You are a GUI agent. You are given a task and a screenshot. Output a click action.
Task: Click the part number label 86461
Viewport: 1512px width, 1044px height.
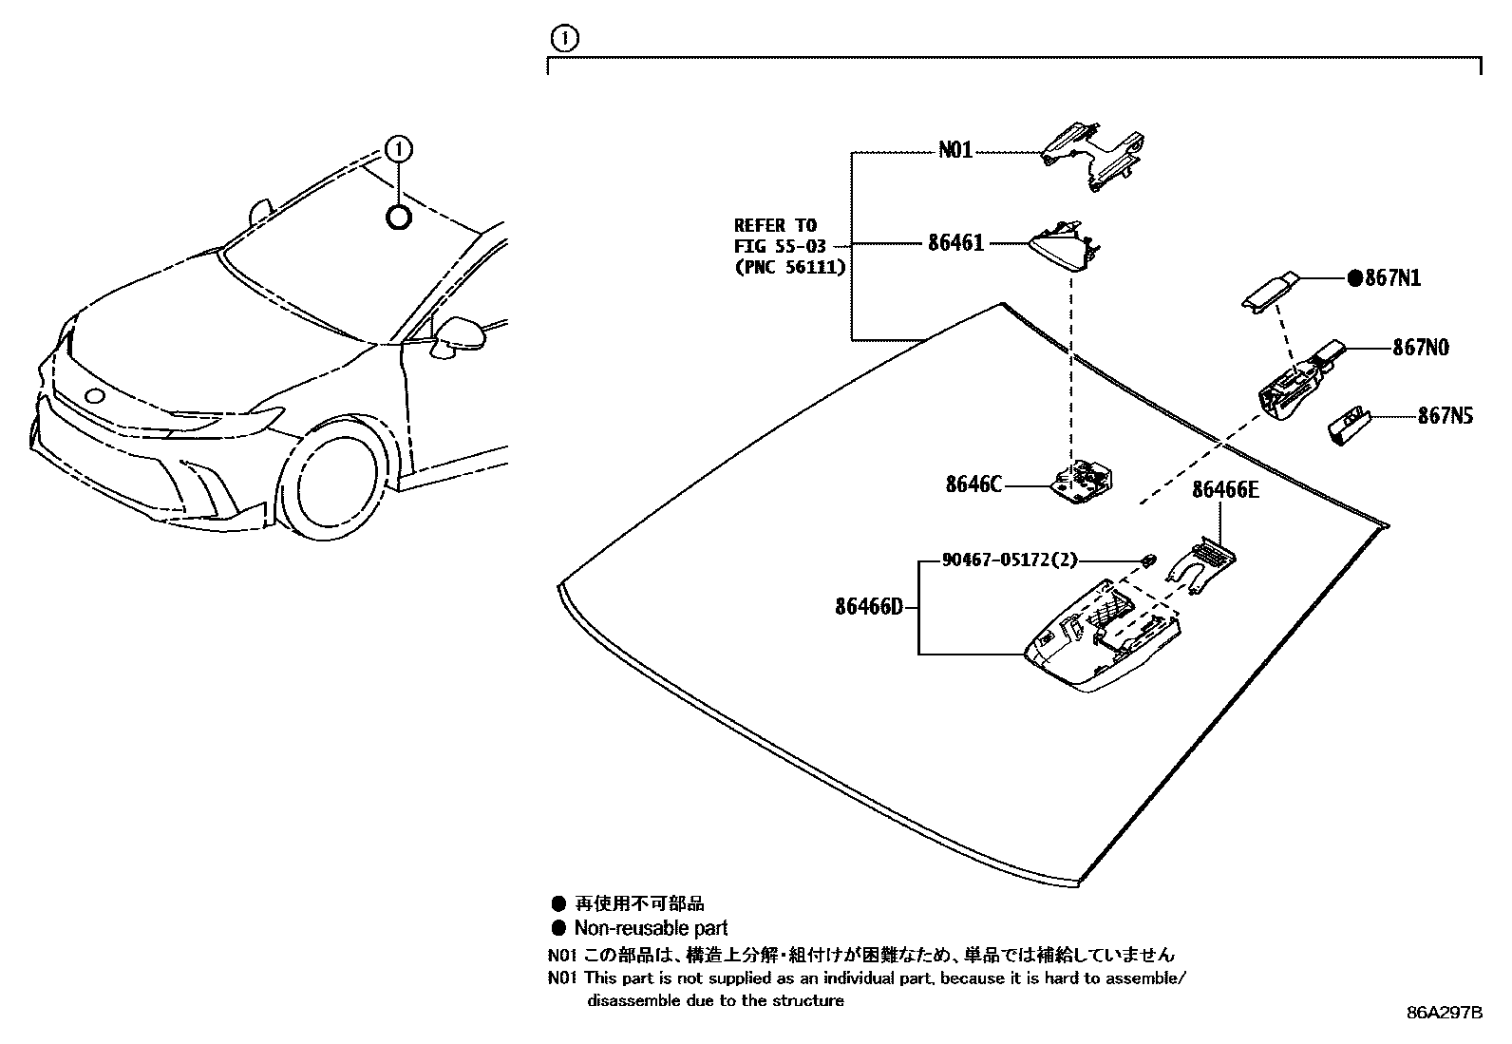(955, 243)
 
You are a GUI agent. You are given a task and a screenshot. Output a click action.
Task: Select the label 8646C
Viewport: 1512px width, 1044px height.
(973, 484)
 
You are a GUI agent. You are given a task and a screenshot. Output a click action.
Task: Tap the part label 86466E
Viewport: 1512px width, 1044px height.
(1224, 489)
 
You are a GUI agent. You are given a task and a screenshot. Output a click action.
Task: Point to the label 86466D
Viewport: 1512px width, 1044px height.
(869, 606)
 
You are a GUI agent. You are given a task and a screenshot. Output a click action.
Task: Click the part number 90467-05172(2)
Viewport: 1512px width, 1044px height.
(1009, 560)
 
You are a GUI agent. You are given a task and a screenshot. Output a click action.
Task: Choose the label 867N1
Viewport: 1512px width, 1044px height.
(1392, 278)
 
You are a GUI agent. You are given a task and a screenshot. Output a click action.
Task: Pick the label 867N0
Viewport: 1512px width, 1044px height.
(1421, 348)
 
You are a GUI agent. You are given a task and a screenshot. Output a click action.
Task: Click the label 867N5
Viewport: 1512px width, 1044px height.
(1446, 416)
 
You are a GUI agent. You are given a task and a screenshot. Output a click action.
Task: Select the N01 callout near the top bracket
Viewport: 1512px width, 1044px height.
(955, 150)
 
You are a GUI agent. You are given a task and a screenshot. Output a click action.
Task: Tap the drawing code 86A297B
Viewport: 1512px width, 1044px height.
(1444, 1013)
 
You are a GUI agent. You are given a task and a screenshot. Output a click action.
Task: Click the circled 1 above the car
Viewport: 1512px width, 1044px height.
(399, 149)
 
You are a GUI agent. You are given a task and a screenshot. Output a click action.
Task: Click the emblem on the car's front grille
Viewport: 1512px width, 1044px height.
(94, 396)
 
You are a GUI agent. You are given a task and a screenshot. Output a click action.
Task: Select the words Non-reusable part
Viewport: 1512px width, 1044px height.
(651, 928)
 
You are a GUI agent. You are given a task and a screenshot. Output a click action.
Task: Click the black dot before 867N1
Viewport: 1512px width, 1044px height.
(1355, 278)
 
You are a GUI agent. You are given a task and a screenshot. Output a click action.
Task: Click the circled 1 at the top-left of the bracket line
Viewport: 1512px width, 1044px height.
(564, 38)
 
